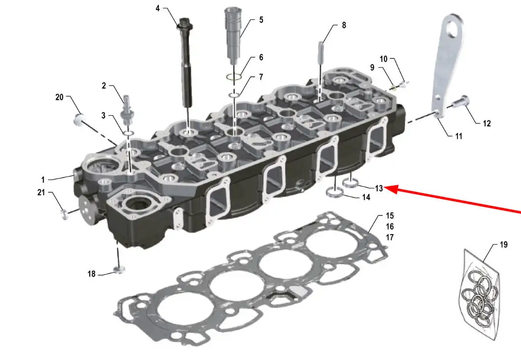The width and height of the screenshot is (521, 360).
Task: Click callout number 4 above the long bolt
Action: point(158,8)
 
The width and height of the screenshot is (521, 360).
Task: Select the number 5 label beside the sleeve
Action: point(261,20)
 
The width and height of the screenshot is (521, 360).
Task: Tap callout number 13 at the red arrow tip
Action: point(379,188)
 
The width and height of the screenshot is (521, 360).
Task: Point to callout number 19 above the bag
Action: point(504,244)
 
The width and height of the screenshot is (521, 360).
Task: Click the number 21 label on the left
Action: point(41,192)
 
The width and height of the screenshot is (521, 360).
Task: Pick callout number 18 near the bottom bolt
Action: point(91,274)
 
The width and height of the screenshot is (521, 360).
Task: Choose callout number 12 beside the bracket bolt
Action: point(487,123)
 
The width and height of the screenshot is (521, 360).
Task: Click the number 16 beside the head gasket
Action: point(390,227)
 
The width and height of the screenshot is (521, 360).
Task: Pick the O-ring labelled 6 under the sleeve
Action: point(233,77)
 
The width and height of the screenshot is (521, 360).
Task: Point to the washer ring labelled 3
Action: point(129,133)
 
